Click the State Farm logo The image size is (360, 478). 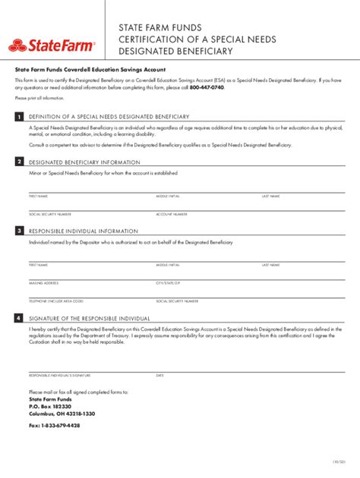click(52, 46)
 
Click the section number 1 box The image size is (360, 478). click(18, 116)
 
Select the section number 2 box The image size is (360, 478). click(18, 162)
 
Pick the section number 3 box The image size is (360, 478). click(18, 231)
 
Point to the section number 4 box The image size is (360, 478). click(18, 319)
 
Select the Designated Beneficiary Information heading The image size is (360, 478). click(84, 162)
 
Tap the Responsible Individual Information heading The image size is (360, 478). click(84, 231)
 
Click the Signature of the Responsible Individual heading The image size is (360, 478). click(90, 319)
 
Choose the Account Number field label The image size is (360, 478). click(172, 214)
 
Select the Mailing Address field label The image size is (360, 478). click(43, 283)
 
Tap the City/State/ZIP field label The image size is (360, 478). click(169, 283)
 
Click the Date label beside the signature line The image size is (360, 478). click(160, 376)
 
